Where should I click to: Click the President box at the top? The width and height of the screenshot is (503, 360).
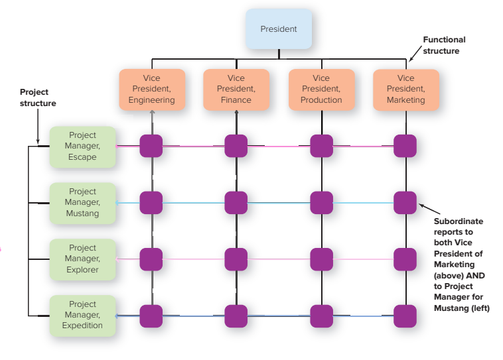[278, 29]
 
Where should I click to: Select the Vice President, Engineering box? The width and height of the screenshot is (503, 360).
[152, 90]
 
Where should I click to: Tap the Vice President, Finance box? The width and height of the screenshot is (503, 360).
[236, 90]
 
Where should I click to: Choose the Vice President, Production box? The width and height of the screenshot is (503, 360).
[321, 90]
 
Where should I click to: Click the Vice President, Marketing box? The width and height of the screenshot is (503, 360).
[405, 90]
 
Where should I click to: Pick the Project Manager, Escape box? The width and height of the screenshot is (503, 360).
[82, 147]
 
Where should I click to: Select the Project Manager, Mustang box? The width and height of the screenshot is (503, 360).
[82, 203]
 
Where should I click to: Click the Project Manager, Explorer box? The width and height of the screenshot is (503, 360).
[82, 259]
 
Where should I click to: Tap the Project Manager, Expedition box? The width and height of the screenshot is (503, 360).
[82, 316]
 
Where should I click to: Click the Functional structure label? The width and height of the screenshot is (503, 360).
[444, 46]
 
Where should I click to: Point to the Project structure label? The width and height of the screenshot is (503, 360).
[38, 97]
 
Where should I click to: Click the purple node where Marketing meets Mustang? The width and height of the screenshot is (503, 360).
[405, 203]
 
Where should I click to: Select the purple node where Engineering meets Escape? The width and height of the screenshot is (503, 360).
[151, 146]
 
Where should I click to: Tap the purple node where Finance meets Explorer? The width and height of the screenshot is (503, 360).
[236, 259]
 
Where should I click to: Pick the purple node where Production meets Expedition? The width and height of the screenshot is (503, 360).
[321, 316]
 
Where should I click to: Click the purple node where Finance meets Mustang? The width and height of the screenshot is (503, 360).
[236, 203]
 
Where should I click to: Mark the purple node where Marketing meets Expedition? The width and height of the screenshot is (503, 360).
[405, 316]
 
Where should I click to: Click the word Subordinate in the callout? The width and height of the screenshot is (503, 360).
[458, 221]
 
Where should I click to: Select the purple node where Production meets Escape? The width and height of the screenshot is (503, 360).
[321, 146]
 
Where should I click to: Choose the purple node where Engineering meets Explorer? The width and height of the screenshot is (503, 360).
[151, 259]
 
